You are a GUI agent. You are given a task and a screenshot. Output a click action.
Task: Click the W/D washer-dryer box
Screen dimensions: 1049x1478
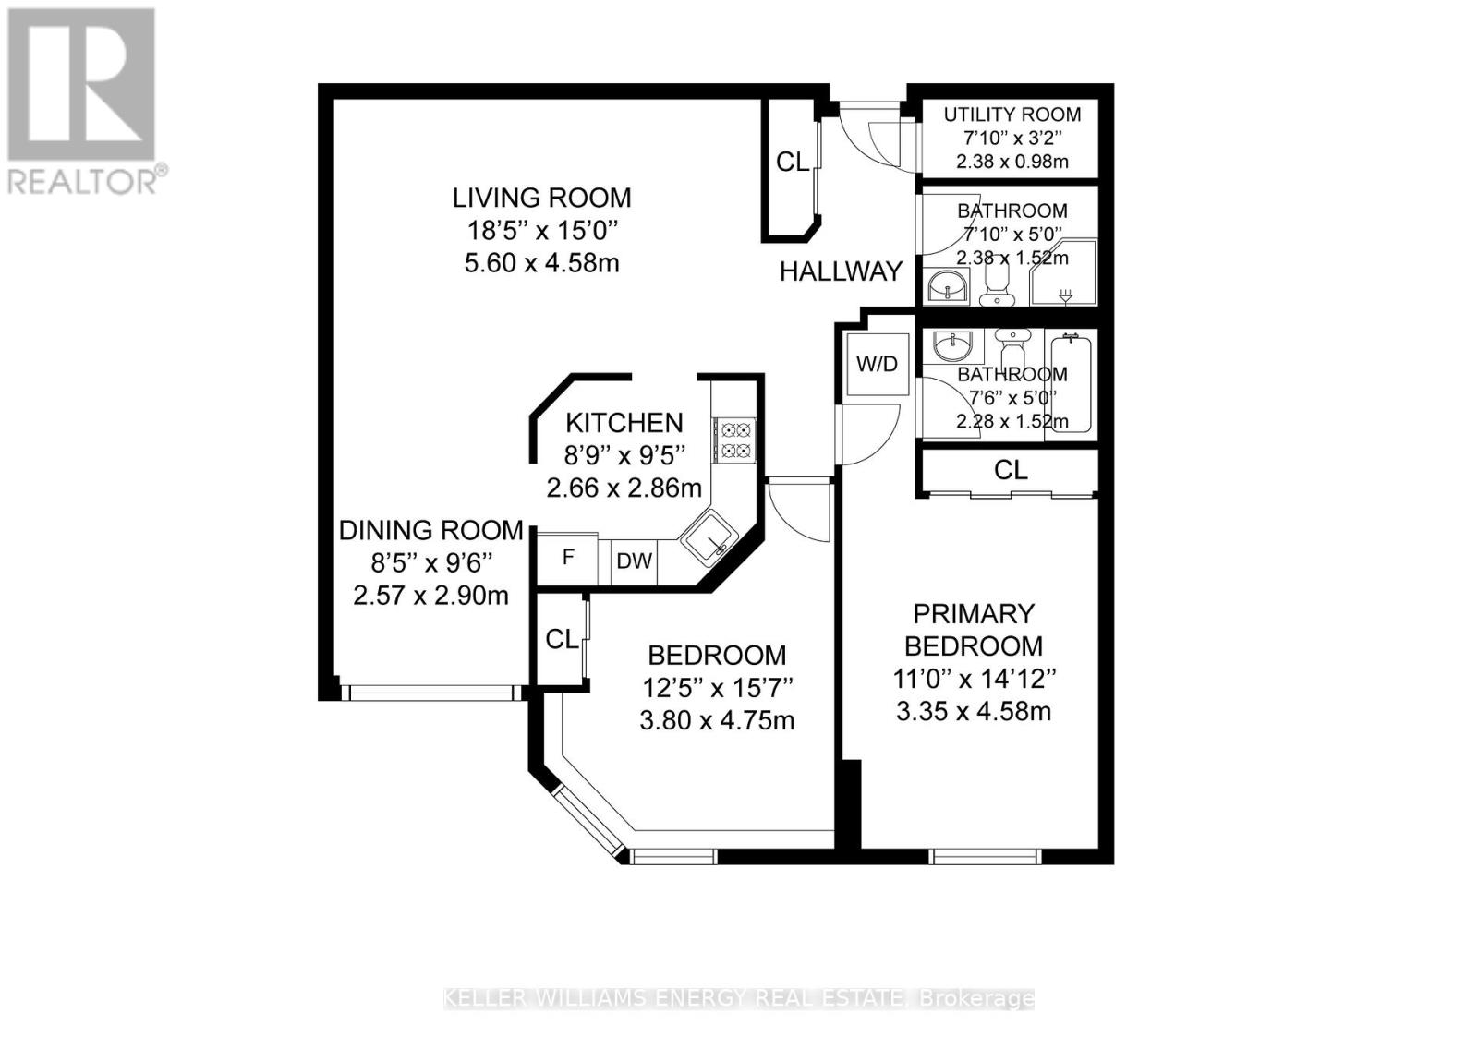pos(877,365)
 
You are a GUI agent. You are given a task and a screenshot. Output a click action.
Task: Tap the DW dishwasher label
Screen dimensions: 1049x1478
pos(634,561)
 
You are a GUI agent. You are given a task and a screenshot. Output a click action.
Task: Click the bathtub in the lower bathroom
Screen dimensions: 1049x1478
pos(1072,384)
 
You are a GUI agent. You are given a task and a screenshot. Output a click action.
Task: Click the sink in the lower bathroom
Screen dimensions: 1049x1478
pos(952,347)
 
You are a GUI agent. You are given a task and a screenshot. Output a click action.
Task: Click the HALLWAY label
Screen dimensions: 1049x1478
pos(841,271)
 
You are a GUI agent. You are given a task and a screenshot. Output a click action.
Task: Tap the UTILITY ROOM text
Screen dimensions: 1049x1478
pos(1012,115)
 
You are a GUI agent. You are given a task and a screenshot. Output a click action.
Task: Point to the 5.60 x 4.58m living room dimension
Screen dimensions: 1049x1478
pos(541,263)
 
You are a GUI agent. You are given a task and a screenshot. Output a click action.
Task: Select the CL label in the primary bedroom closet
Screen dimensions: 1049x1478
pos(1011,470)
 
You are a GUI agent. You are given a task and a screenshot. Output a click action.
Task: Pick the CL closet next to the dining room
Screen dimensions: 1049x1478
pos(562,639)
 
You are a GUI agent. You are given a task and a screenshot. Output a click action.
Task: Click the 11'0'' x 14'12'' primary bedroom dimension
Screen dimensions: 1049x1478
pos(974,680)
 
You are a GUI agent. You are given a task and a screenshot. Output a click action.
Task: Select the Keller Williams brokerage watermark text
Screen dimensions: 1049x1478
pos(739,998)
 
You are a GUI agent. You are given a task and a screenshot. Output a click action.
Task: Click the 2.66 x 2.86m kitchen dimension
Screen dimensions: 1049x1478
pos(624,488)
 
